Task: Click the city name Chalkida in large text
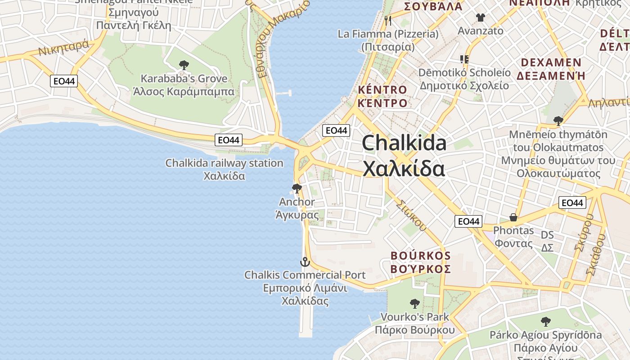tap(404, 143)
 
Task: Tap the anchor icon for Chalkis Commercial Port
tap(305, 261)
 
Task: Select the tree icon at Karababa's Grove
tap(184, 65)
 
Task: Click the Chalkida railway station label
tap(224, 163)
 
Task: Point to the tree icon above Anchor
tap(297, 188)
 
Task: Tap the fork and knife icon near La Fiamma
tap(388, 20)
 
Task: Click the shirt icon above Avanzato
tap(480, 18)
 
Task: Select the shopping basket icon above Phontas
tap(513, 218)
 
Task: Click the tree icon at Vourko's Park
tap(414, 303)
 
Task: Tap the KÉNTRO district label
tap(382, 90)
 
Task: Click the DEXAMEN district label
tap(551, 63)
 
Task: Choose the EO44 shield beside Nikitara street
tap(64, 81)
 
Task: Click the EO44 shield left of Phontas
tap(468, 221)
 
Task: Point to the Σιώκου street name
tap(411, 216)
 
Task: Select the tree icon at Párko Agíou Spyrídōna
tap(546, 321)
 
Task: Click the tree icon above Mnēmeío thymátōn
tap(558, 121)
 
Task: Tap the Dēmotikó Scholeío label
tap(464, 72)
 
